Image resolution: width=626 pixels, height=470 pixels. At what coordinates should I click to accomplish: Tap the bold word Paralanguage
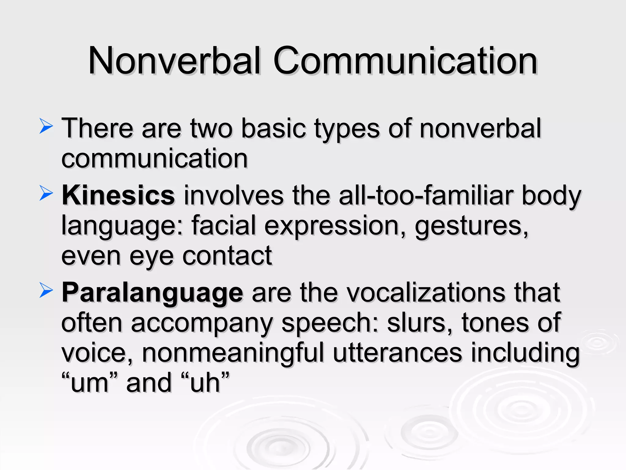click(x=153, y=293)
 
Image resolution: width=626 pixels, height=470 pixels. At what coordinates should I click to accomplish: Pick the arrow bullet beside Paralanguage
click(x=46, y=291)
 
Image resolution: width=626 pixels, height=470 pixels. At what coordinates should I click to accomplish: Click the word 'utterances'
click(x=397, y=353)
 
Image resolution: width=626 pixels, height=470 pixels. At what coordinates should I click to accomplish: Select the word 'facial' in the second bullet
click(x=223, y=226)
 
